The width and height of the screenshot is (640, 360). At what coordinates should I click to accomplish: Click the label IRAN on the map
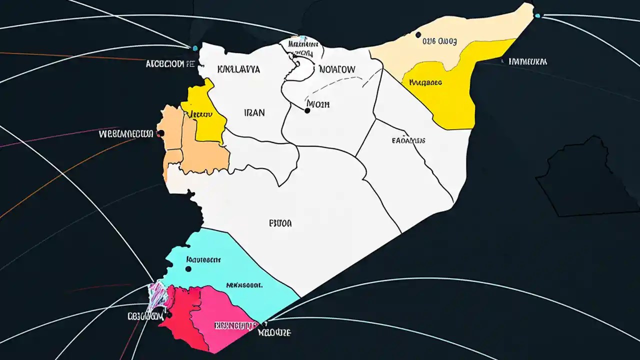[254, 113]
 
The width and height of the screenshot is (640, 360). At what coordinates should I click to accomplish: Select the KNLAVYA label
[239, 70]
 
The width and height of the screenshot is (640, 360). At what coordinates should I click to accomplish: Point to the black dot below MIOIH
[307, 110]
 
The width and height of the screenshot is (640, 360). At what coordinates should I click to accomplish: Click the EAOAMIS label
[408, 140]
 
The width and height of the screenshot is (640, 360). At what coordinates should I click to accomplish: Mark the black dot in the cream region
[418, 35]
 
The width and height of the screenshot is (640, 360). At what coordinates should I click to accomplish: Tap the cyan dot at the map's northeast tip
[537, 15]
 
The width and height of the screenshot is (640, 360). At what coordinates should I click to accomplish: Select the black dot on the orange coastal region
[160, 133]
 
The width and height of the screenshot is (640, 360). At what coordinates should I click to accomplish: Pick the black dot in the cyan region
[188, 269]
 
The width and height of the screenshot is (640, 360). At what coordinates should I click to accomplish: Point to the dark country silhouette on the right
[580, 180]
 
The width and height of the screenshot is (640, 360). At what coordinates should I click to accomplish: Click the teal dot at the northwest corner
[194, 48]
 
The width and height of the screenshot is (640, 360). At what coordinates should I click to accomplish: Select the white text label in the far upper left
[169, 64]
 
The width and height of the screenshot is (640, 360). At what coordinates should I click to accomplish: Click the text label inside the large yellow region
[425, 82]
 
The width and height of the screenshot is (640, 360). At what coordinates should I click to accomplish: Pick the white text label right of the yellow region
[527, 62]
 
